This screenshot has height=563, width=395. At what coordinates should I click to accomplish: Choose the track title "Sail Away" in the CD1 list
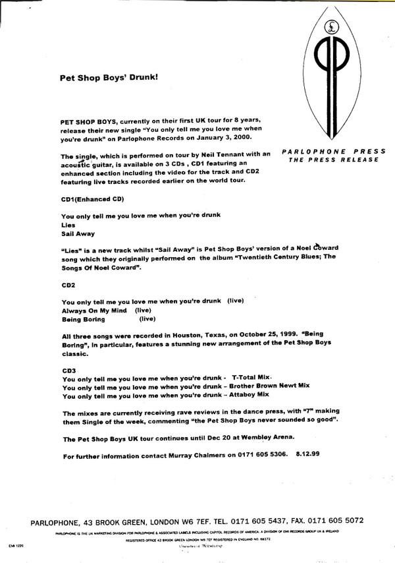[x=77, y=233]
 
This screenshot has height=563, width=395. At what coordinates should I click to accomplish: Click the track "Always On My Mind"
[x=92, y=309]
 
